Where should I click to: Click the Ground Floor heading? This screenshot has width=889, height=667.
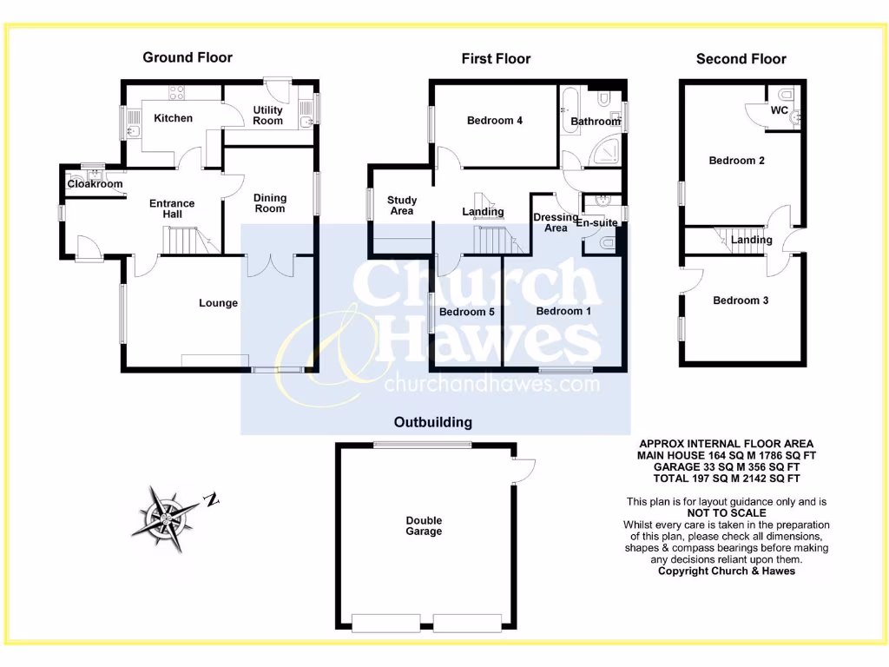pos(188,57)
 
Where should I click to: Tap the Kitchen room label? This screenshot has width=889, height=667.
pos(173,118)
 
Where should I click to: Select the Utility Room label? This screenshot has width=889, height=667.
pos(267,116)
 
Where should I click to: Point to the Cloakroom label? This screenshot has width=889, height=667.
pos(95,184)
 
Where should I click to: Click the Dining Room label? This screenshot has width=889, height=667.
pos(269,203)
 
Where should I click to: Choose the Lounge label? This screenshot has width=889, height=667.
pos(218,303)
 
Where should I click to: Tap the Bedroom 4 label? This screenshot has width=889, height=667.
pos(494,121)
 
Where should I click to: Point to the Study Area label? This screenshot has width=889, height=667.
pos(401,206)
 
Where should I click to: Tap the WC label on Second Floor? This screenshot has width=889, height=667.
pos(779,111)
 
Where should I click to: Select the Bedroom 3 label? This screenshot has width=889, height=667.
pos(741,300)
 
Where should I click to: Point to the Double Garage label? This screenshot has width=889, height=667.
pos(424,526)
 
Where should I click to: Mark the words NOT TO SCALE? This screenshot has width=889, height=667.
pos(725,513)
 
